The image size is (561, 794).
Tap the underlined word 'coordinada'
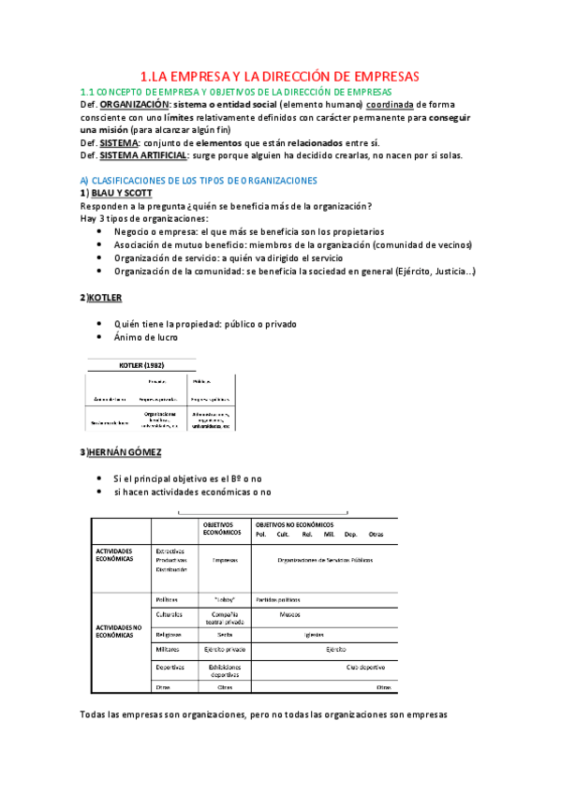(390, 106)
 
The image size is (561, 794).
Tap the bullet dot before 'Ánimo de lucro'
(100, 337)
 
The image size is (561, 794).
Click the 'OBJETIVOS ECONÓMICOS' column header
(224, 529)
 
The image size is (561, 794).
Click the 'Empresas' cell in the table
(225, 562)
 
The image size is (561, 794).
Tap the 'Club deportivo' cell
(367, 667)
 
